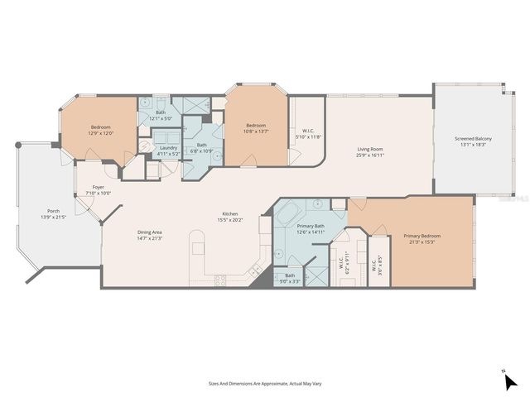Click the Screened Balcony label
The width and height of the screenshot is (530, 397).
[x=473, y=138]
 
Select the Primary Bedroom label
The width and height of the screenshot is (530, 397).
[x=422, y=236]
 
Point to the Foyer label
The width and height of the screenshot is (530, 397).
[x=98, y=187]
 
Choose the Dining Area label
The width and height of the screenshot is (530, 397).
[x=150, y=232]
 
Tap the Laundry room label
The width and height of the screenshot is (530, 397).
[x=167, y=147]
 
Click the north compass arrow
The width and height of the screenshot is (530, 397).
[x=510, y=381]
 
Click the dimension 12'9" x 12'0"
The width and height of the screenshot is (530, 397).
[x=101, y=133]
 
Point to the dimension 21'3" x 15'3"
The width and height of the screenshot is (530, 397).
[x=422, y=242]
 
